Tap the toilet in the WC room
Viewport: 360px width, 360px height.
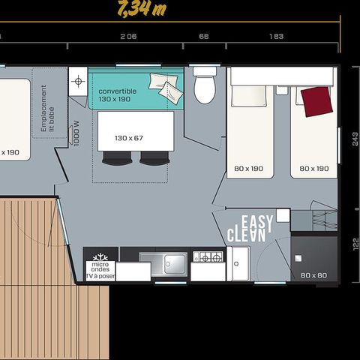point(204,88)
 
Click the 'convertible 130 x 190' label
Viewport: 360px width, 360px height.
point(118,95)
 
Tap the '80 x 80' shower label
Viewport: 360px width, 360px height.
point(313,275)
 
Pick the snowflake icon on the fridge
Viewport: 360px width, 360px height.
point(100,253)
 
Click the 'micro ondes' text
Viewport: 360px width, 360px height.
point(100,268)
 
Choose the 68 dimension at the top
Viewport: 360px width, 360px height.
point(203,36)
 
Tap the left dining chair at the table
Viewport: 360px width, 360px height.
point(116,157)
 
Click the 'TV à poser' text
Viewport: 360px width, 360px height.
point(100,276)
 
